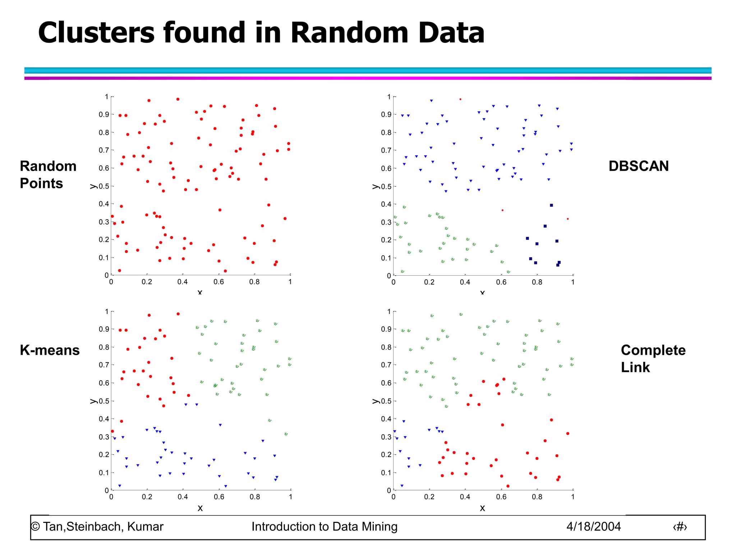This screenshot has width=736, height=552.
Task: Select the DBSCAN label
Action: pos(639,166)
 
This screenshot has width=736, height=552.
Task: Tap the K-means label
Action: pos(50,350)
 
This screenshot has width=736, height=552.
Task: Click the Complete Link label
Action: pos(653,359)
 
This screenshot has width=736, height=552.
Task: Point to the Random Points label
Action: pos(48,175)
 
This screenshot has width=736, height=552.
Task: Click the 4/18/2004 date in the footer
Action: pos(593,526)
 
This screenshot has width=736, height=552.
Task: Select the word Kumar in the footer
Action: pos(145,526)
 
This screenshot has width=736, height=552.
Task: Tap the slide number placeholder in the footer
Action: pos(680,527)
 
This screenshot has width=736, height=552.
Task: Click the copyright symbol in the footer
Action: pos(35,526)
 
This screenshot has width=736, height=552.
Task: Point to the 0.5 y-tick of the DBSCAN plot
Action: pos(386,187)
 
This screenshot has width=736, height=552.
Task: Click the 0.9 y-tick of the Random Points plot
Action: pos(104,115)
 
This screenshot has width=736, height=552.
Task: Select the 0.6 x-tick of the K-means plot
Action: pos(219,497)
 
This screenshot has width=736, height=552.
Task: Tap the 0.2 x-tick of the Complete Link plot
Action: pos(429,497)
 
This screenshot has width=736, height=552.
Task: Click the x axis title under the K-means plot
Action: pos(200,508)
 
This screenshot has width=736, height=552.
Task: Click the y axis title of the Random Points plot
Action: pos(93,186)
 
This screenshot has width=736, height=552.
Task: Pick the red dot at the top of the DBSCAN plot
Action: pos(460,99)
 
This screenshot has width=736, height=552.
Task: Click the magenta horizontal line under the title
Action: pos(368,78)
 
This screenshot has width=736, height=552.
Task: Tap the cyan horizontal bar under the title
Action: pos(368,70)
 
